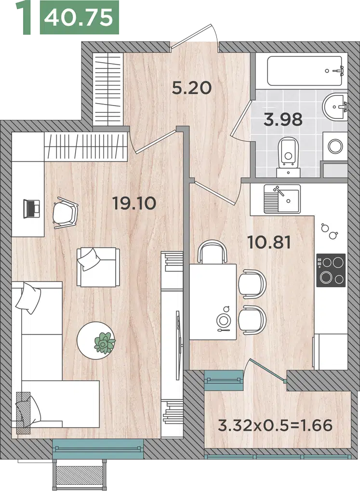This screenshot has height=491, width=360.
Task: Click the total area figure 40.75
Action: pyautogui.click(x=79, y=17)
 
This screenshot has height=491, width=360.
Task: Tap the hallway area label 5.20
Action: pyautogui.click(x=192, y=88)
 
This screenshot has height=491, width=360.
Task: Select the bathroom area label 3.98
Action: pyautogui.click(x=283, y=119)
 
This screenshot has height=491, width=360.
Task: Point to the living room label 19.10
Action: pyautogui.click(x=134, y=203)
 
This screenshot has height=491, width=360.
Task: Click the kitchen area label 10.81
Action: pyautogui.click(x=269, y=243)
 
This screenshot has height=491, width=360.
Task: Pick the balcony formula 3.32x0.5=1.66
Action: pyautogui.click(x=275, y=425)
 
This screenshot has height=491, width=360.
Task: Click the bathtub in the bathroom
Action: pyautogui.click(x=305, y=71)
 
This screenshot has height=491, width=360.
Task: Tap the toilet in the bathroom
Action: pyautogui.click(x=288, y=155)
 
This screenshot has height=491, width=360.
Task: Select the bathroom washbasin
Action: pyautogui.click(x=334, y=107)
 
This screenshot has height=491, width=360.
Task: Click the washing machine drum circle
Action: pyautogui.click(x=335, y=146)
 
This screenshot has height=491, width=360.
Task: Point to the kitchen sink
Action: pyautogui.click(x=282, y=199)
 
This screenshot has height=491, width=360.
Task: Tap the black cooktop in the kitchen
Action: pyautogui.click(x=331, y=270)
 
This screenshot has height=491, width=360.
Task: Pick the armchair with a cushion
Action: pyautogui.click(x=98, y=267)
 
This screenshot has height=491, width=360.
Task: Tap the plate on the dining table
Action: pyautogui.click(x=223, y=320)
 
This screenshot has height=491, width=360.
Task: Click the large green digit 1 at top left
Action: pyautogui.click(x=25, y=17)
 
